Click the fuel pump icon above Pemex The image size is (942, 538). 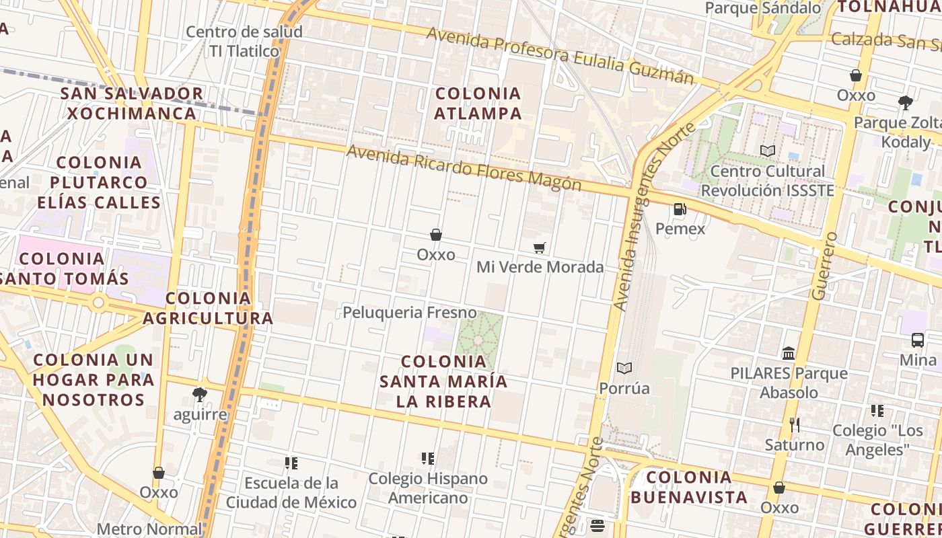[680, 209]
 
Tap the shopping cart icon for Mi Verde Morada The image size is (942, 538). [539, 248]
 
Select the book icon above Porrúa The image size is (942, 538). [624, 369]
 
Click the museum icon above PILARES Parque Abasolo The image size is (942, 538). [789, 353]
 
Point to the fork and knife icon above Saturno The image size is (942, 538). [795, 425]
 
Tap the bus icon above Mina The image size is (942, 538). [917, 340]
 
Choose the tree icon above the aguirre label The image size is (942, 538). [199, 394]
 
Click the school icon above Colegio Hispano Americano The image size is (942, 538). [428, 459]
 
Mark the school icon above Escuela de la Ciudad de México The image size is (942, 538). [291, 463]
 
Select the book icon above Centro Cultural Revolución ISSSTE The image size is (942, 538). [768, 151]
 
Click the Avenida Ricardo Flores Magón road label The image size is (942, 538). [464, 168]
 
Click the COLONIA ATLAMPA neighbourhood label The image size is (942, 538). [478, 103]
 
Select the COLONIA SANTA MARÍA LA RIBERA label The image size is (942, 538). [443, 381]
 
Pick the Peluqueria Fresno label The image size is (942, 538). [410, 313]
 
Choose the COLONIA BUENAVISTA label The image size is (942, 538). [689, 487]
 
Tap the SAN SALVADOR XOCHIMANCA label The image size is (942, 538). [132, 103]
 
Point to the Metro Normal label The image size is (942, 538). [149, 529]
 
